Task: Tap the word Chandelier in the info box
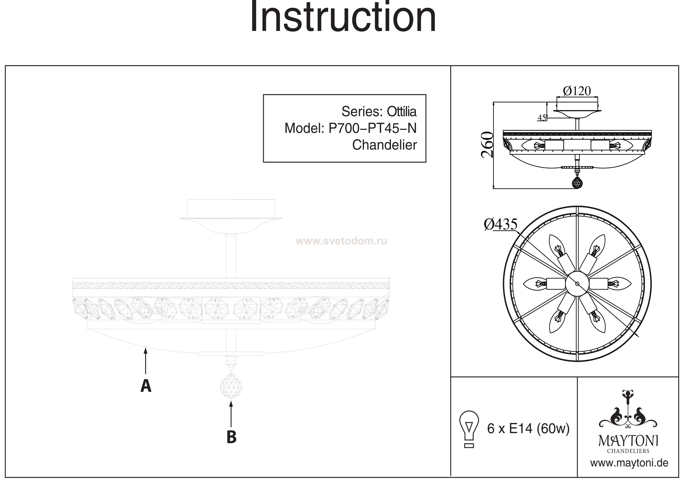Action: (x=384, y=145)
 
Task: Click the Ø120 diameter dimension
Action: (x=577, y=91)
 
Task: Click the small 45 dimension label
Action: (x=541, y=118)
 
